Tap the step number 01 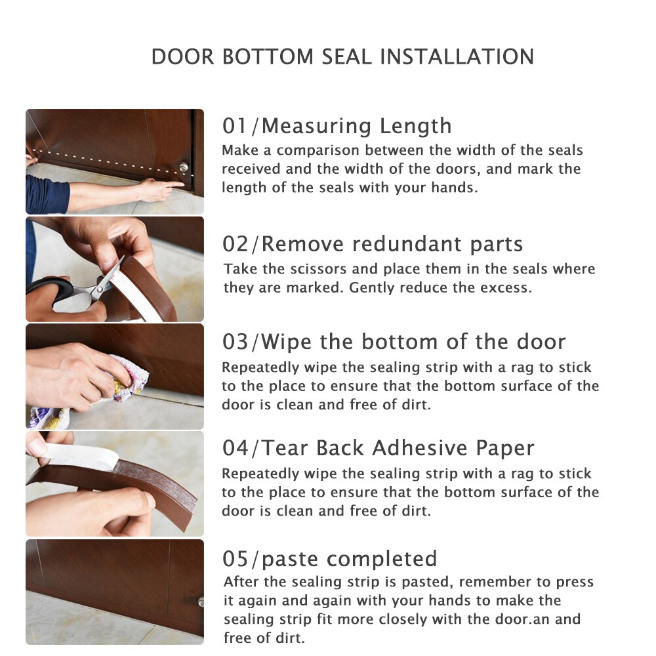click(x=235, y=125)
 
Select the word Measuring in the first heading click(x=308, y=125)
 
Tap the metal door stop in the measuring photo click(x=184, y=167)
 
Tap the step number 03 click(x=235, y=342)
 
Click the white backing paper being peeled click(x=79, y=456)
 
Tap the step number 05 click(x=235, y=559)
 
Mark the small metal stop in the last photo click(x=200, y=602)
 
